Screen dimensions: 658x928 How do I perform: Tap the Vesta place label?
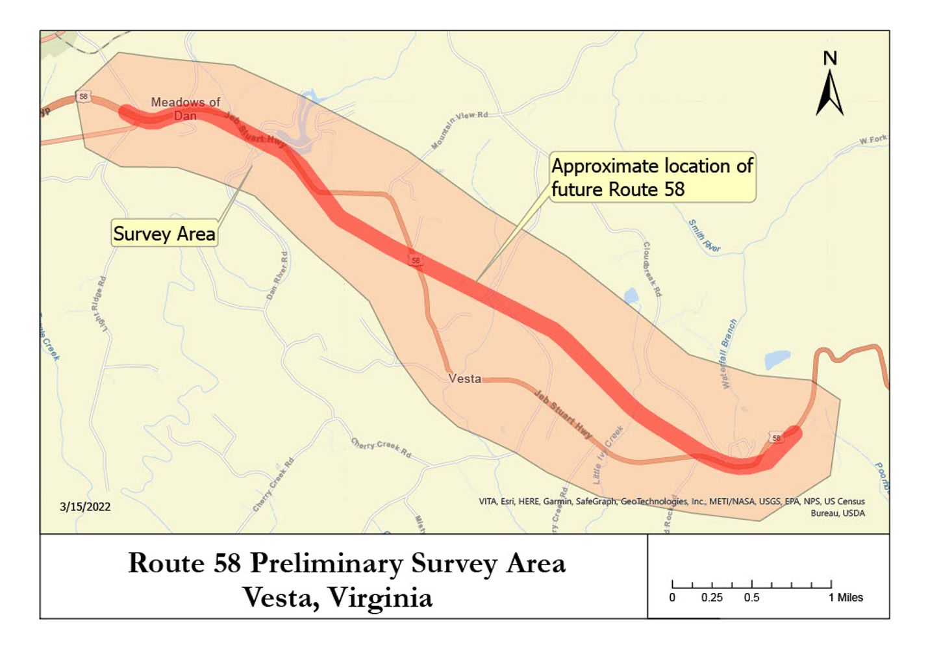464,378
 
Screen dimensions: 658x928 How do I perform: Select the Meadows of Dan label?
185,108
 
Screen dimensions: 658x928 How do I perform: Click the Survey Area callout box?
164,233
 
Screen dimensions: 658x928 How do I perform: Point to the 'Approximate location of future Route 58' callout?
651,177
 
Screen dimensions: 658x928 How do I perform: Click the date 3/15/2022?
85,507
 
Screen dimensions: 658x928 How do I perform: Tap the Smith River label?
704,236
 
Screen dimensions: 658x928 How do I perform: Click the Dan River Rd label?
277,276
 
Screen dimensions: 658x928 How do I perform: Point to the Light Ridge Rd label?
98,305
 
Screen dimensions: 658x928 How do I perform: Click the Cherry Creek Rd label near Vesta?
381,447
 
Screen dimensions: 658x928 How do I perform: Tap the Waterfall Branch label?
729,353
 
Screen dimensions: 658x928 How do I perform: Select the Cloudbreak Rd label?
652,269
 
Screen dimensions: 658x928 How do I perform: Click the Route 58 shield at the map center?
416,260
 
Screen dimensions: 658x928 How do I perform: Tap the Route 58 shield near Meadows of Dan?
83,97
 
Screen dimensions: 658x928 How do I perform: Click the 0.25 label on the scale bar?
711,598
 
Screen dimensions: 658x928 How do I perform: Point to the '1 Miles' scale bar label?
845,598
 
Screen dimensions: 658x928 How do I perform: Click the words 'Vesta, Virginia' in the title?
338,597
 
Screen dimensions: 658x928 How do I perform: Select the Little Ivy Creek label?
608,454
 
